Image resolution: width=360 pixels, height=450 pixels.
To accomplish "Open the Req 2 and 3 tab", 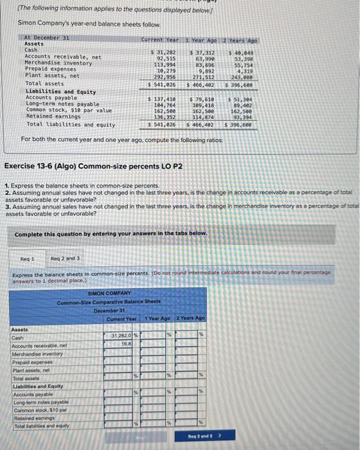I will point(66,258).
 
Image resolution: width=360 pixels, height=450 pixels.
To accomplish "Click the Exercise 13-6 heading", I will point(94,166).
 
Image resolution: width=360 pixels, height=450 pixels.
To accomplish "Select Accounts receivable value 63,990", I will point(204,58).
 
